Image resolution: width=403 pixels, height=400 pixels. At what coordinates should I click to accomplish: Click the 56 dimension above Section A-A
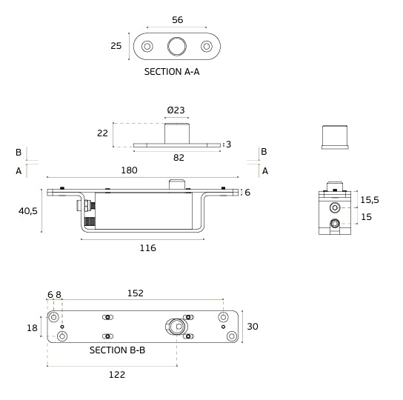tap(177, 20)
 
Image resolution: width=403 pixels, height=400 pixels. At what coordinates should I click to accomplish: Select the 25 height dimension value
tap(116, 46)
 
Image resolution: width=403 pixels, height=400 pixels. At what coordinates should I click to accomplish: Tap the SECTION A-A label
tap(172, 72)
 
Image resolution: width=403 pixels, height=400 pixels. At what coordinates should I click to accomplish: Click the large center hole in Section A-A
tap(177, 47)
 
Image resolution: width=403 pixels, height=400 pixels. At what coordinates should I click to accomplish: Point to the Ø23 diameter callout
tap(176, 110)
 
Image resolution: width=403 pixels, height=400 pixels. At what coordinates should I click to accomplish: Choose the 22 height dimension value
tap(102, 133)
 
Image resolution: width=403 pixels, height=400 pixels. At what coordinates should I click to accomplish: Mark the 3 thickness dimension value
tap(229, 144)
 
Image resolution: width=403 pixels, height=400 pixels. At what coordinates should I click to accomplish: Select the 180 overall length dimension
tap(129, 170)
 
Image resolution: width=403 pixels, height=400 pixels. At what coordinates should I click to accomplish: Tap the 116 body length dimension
tap(147, 247)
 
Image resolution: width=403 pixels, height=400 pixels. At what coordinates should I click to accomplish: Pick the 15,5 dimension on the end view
tap(370, 200)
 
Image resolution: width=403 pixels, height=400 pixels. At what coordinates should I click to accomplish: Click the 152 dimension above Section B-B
tap(136, 293)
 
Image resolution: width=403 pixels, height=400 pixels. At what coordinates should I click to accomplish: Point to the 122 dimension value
tap(117, 375)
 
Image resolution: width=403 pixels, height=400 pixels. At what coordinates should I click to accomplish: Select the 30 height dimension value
tap(253, 327)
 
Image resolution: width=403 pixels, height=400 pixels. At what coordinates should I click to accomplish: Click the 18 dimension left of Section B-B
tap(31, 327)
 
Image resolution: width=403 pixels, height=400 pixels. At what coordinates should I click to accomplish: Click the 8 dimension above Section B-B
tap(59, 294)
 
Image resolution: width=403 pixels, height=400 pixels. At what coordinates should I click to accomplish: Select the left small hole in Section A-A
tap(147, 47)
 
